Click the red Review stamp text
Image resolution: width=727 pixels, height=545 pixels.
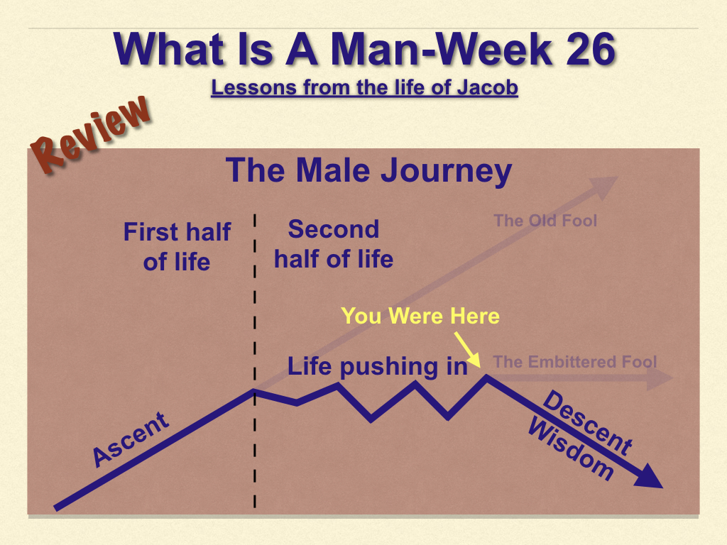pyautogui.click(x=91, y=133)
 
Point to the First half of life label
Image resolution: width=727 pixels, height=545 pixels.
pyautogui.click(x=177, y=246)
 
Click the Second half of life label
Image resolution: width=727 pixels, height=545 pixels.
pyautogui.click(x=334, y=244)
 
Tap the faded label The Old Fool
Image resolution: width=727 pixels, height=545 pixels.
pyautogui.click(x=545, y=221)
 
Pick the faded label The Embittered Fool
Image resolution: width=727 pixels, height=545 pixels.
pyautogui.click(x=575, y=361)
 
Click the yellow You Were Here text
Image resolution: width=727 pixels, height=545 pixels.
pyautogui.click(x=420, y=316)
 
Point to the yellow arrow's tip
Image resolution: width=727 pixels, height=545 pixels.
pyautogui.click(x=479, y=368)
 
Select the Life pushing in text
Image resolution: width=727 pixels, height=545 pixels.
pyautogui.click(x=378, y=367)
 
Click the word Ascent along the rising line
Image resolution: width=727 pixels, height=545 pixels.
pyautogui.click(x=131, y=439)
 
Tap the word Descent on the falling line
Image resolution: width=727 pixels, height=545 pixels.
pyautogui.click(x=587, y=423)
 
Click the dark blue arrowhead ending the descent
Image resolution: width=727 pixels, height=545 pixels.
pyautogui.click(x=649, y=477)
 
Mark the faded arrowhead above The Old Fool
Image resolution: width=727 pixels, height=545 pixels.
pyautogui.click(x=605, y=187)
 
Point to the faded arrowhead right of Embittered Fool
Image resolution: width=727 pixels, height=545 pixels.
pyautogui.click(x=660, y=378)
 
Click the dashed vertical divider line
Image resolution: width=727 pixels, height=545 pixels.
pyautogui.click(x=255, y=361)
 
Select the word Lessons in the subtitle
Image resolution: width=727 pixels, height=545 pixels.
pyautogui.click(x=253, y=87)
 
